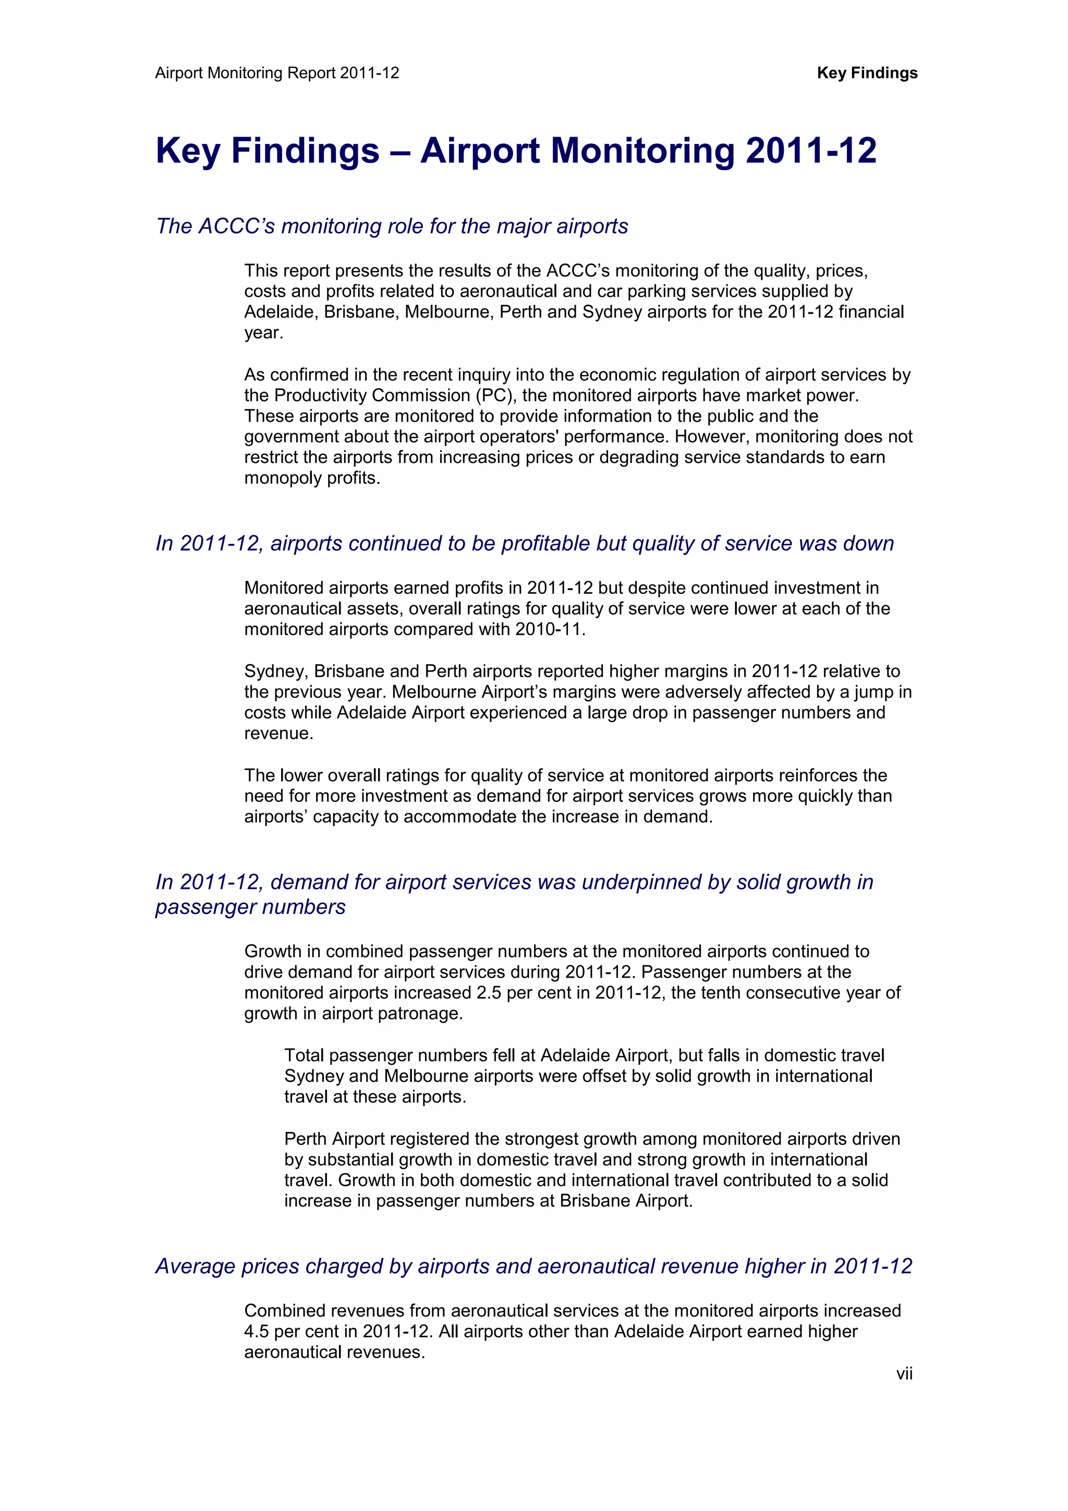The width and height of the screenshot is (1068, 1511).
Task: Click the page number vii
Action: point(904,1373)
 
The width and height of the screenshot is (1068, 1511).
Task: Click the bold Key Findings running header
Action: point(867,73)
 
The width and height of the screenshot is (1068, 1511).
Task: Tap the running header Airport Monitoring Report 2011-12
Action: point(277,73)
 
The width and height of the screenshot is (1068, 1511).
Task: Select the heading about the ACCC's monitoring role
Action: point(392,226)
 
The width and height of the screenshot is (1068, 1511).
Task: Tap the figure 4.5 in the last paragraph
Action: point(257,1331)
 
